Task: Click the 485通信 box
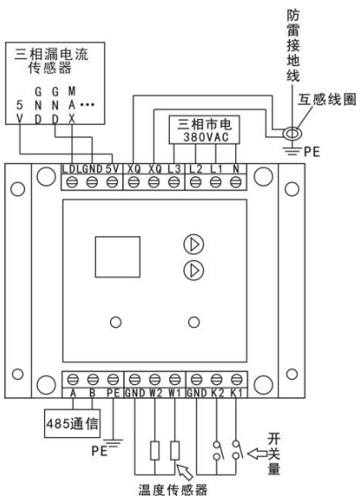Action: point(72,423)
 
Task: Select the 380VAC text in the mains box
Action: point(206,137)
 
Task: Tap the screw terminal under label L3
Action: point(173,182)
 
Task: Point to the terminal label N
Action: point(236,169)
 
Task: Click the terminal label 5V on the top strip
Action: point(112,169)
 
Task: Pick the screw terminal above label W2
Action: point(155,380)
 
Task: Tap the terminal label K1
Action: point(237,393)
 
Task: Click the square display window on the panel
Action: point(117,257)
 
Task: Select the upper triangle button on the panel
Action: point(194,244)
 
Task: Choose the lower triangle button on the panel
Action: point(194,270)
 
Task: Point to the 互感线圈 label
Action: point(327,100)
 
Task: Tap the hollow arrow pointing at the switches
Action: point(258,454)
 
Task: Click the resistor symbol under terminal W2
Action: point(155,450)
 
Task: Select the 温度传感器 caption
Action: point(173,490)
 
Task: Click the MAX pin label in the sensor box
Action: point(72,105)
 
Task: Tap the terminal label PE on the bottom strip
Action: point(113,393)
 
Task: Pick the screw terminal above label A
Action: point(73,380)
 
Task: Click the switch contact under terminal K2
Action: point(217,450)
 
